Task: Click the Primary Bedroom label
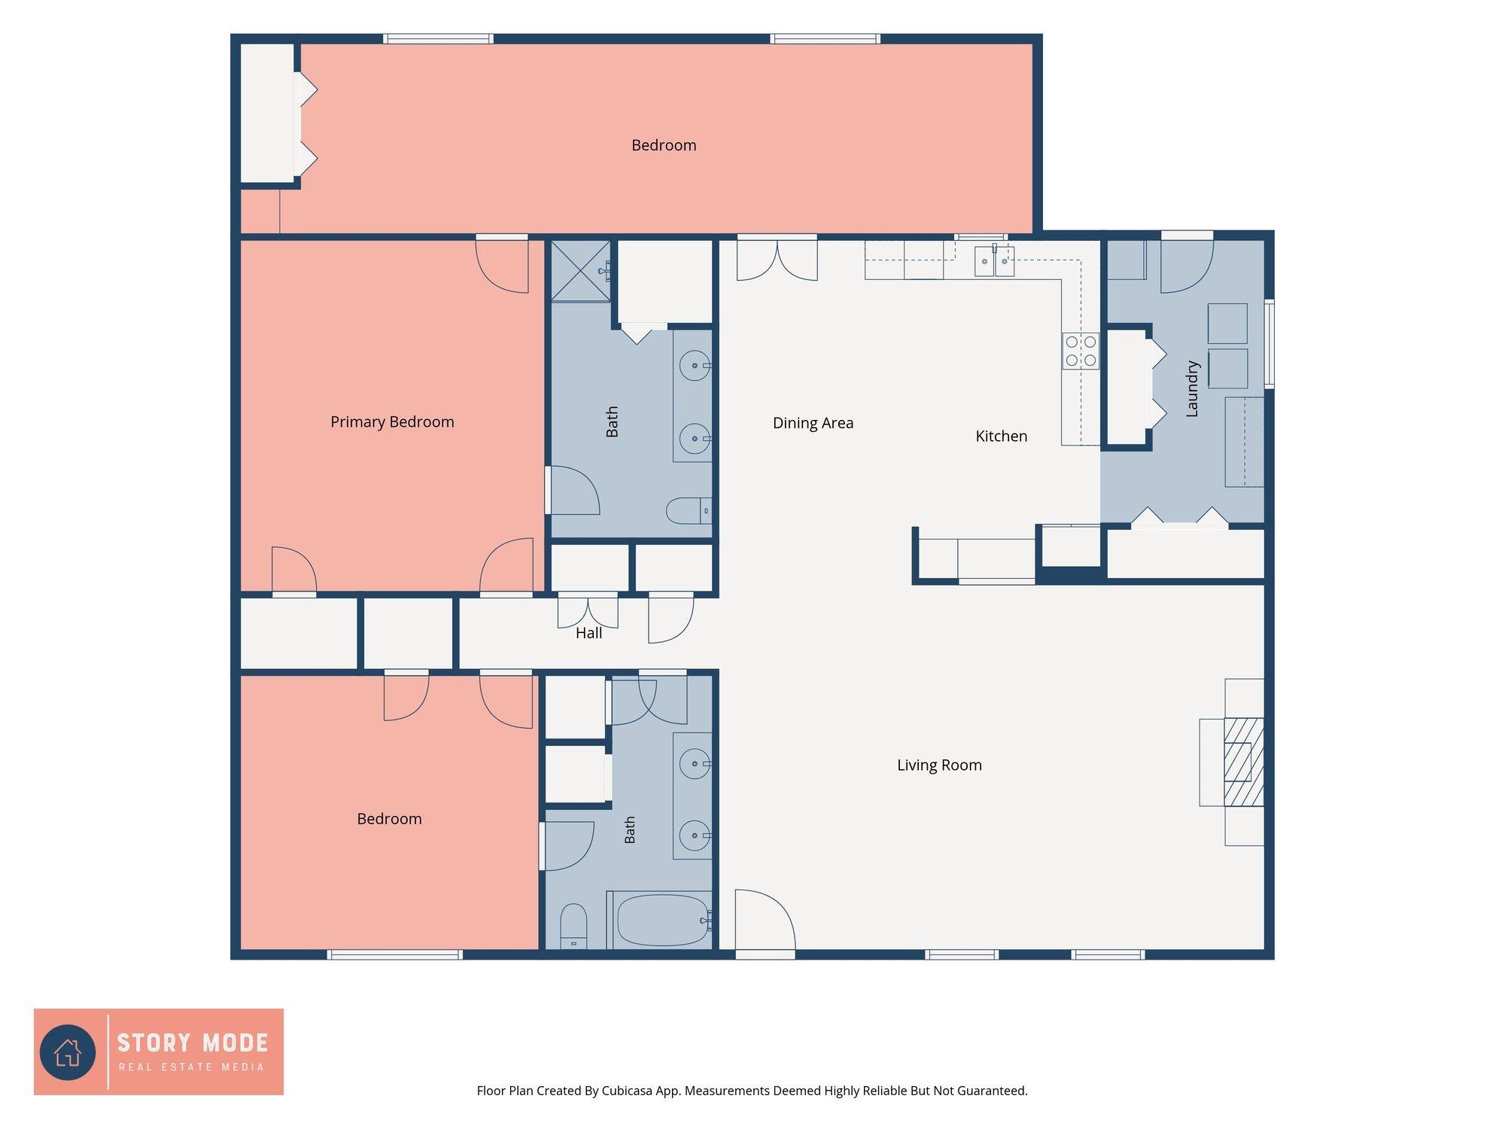pyautogui.click(x=392, y=422)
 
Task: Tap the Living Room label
pyautogui.click(x=939, y=765)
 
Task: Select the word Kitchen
pyautogui.click(x=1001, y=436)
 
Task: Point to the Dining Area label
pyautogui.click(x=813, y=423)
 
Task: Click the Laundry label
pyautogui.click(x=1192, y=388)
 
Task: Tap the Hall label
pyautogui.click(x=588, y=633)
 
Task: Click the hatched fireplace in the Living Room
pyautogui.click(x=1243, y=762)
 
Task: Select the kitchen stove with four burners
pyautogui.click(x=1081, y=351)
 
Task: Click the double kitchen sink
pyautogui.click(x=994, y=261)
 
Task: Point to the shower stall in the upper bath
pyautogui.click(x=581, y=270)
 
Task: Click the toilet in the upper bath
pyautogui.click(x=689, y=511)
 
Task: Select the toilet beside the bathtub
pyautogui.click(x=573, y=926)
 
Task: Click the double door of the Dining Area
pyautogui.click(x=777, y=258)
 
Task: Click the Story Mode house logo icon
pyautogui.click(x=68, y=1051)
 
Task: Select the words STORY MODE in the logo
pyautogui.click(x=193, y=1043)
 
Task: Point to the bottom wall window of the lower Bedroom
pyautogui.click(x=395, y=954)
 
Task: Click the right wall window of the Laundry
pyautogui.click(x=1269, y=344)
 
